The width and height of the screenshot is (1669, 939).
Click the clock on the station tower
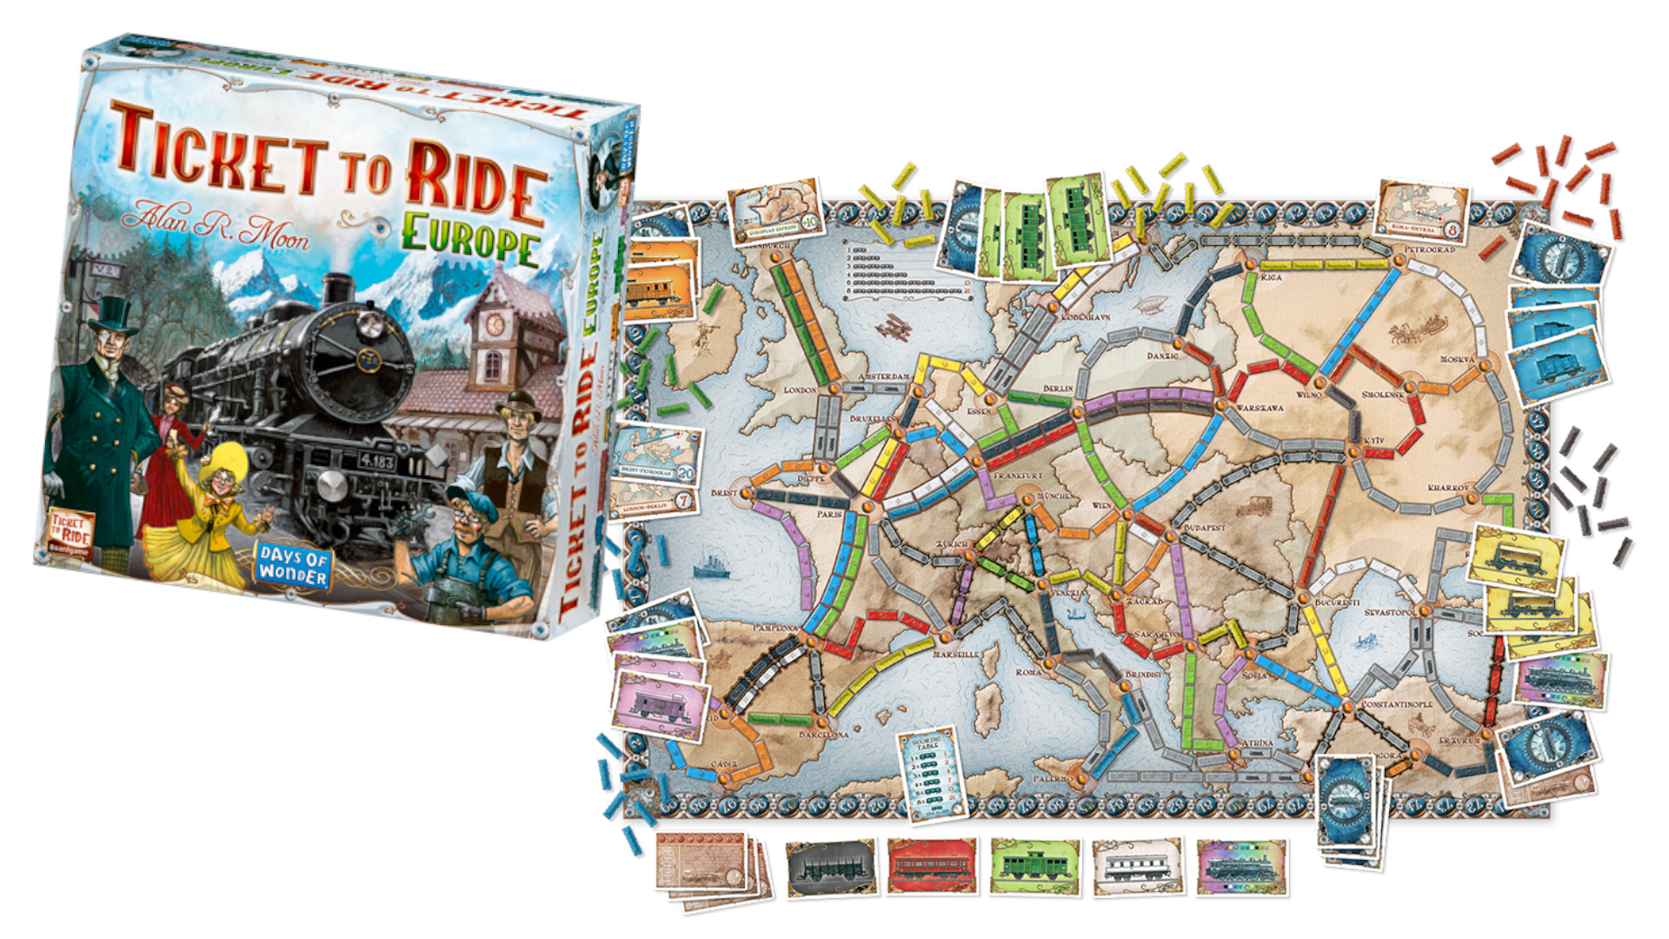click(x=494, y=323)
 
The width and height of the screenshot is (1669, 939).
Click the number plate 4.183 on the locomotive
click(x=376, y=461)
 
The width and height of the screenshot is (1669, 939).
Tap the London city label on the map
click(x=800, y=390)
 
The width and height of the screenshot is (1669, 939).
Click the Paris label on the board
click(x=829, y=514)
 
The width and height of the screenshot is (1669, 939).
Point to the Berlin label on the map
click(x=1058, y=389)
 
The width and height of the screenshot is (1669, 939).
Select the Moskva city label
click(x=1457, y=359)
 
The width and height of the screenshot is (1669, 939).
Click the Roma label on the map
click(x=1028, y=672)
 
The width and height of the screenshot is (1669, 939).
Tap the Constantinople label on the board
click(x=1397, y=704)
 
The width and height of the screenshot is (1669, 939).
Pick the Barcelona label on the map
click(x=823, y=735)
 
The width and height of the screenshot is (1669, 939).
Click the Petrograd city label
click(x=1429, y=250)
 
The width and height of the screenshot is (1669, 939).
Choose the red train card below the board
click(x=932, y=866)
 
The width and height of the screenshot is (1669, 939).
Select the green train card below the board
click(x=1034, y=866)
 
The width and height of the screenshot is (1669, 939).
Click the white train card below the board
click(x=1137, y=866)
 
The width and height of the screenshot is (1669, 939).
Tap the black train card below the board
click(x=830, y=867)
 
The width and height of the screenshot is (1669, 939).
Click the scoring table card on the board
click(x=931, y=773)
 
